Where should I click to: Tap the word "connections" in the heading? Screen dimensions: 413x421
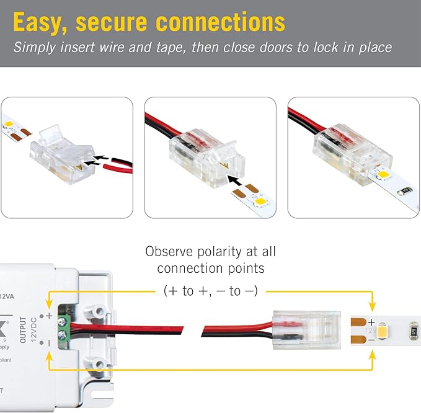tap(221, 23)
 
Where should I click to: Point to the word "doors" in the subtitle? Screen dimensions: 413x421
tap(280, 47)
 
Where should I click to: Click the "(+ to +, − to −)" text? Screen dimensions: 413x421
tap(210, 290)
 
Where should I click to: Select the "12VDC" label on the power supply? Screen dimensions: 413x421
tap(33, 329)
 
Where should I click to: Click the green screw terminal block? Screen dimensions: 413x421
tap(63, 328)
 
